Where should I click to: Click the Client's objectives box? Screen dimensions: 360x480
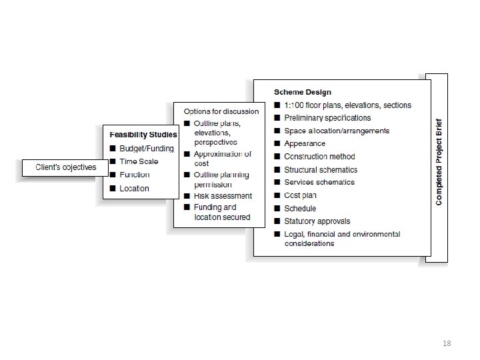tap(65, 167)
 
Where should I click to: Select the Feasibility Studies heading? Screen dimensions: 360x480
tap(143, 135)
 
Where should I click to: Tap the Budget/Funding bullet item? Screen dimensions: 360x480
tap(146, 149)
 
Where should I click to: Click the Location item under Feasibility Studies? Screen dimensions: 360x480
tap(134, 189)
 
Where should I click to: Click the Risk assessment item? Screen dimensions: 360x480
tap(223, 196)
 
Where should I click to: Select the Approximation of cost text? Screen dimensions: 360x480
tap(222, 159)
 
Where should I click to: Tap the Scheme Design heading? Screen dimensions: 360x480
tap(302, 92)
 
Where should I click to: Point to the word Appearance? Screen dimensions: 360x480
tap(305, 143)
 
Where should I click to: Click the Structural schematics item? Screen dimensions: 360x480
tap(321, 170)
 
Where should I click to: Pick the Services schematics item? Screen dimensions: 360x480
tap(319, 183)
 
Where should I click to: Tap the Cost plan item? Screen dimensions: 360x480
tap(300, 195)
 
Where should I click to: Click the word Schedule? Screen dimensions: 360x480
tap(300, 209)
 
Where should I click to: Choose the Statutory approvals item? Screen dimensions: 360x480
tap(317, 221)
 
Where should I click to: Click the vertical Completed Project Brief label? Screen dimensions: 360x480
tap(439, 162)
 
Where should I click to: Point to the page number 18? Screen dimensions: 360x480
tap(447, 343)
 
